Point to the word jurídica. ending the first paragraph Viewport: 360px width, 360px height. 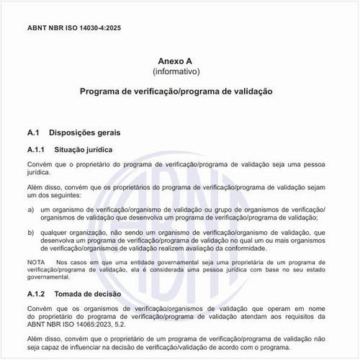point(38,174)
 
